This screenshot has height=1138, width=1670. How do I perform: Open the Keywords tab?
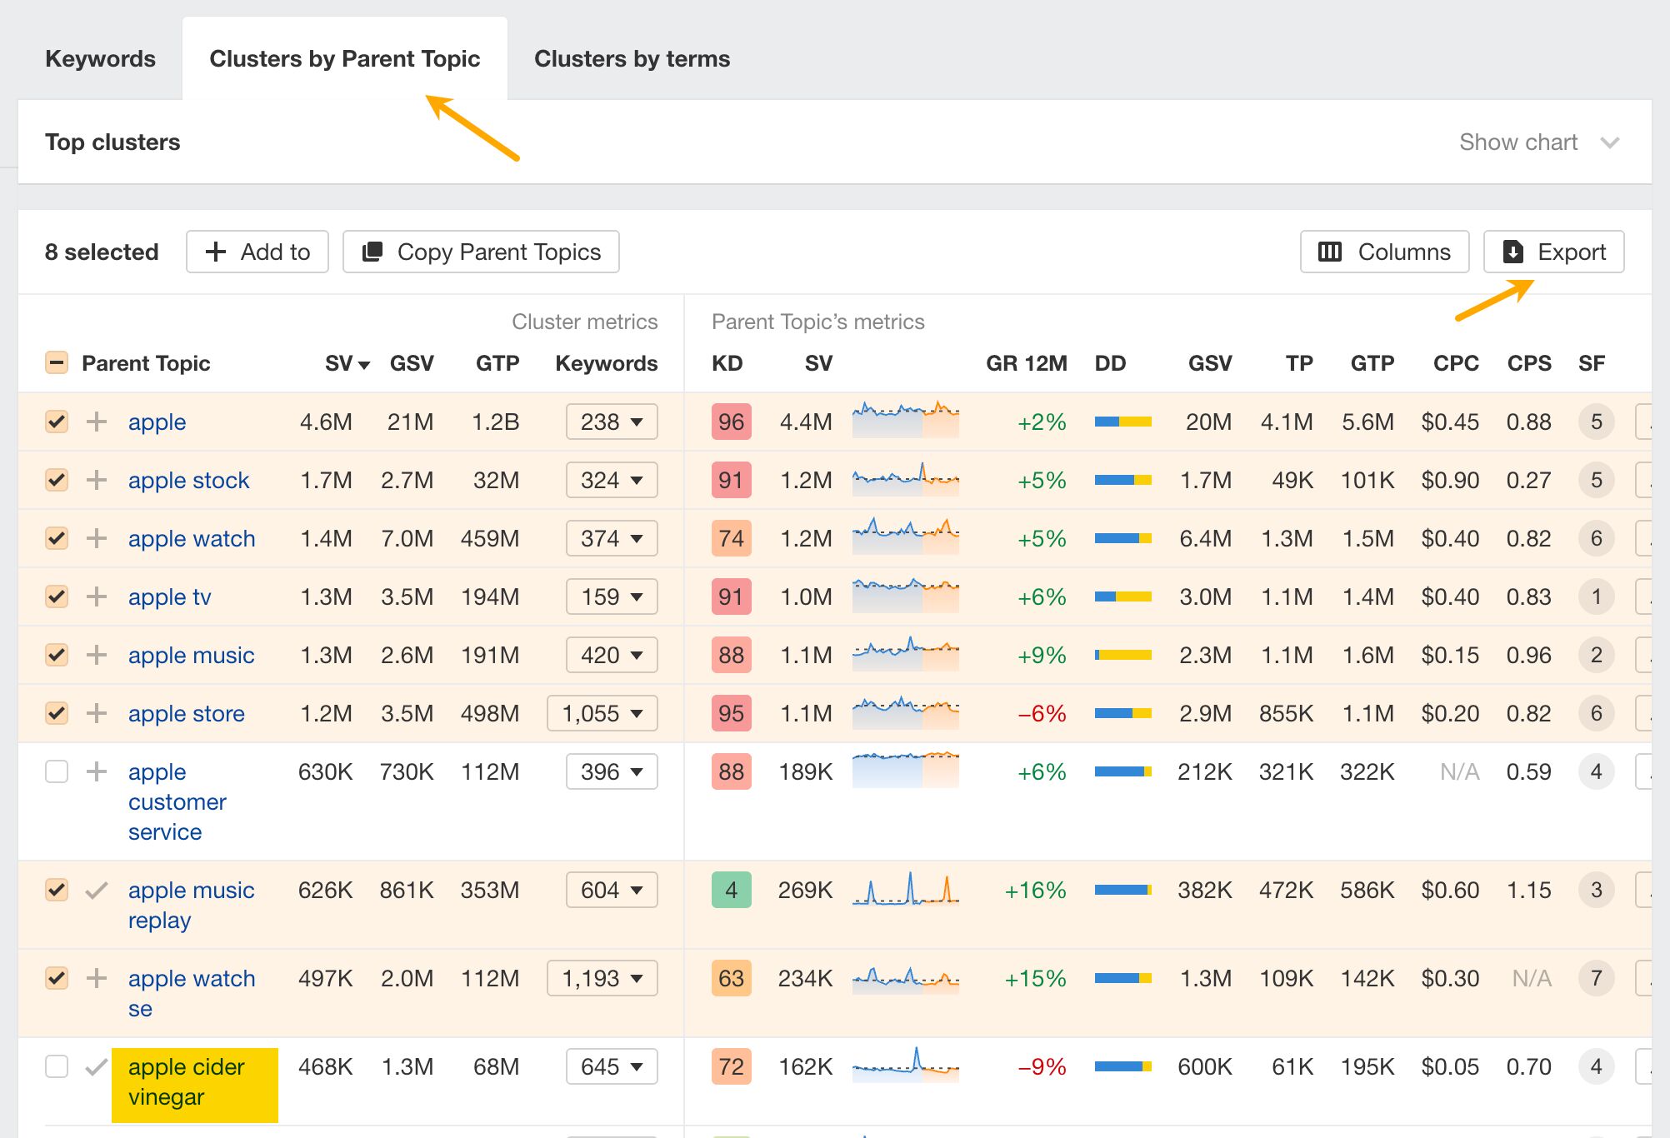(x=100, y=59)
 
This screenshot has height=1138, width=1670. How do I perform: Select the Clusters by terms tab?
(x=632, y=59)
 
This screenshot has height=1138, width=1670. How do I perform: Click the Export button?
(x=1553, y=252)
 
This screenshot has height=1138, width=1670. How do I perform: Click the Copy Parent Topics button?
(x=481, y=252)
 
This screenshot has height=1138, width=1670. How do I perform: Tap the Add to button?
(x=257, y=252)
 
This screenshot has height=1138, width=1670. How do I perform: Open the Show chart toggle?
(x=1538, y=142)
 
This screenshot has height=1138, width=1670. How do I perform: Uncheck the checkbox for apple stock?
(x=57, y=480)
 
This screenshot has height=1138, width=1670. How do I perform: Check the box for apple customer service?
(x=57, y=771)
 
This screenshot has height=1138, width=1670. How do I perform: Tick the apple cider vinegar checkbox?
(x=57, y=1066)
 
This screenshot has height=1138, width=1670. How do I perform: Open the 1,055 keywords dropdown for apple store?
(x=602, y=713)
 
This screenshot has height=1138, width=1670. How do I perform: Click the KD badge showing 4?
(x=731, y=890)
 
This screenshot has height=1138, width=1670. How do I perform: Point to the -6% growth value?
(x=1042, y=713)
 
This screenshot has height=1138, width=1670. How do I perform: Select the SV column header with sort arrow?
(x=347, y=363)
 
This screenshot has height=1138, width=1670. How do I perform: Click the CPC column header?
(x=1455, y=363)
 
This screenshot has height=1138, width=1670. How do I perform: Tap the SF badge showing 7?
(x=1596, y=978)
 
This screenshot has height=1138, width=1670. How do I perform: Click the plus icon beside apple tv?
(x=97, y=596)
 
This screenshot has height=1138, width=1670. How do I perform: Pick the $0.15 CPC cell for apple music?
(x=1450, y=655)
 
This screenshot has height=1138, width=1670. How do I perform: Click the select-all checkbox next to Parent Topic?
(x=57, y=363)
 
